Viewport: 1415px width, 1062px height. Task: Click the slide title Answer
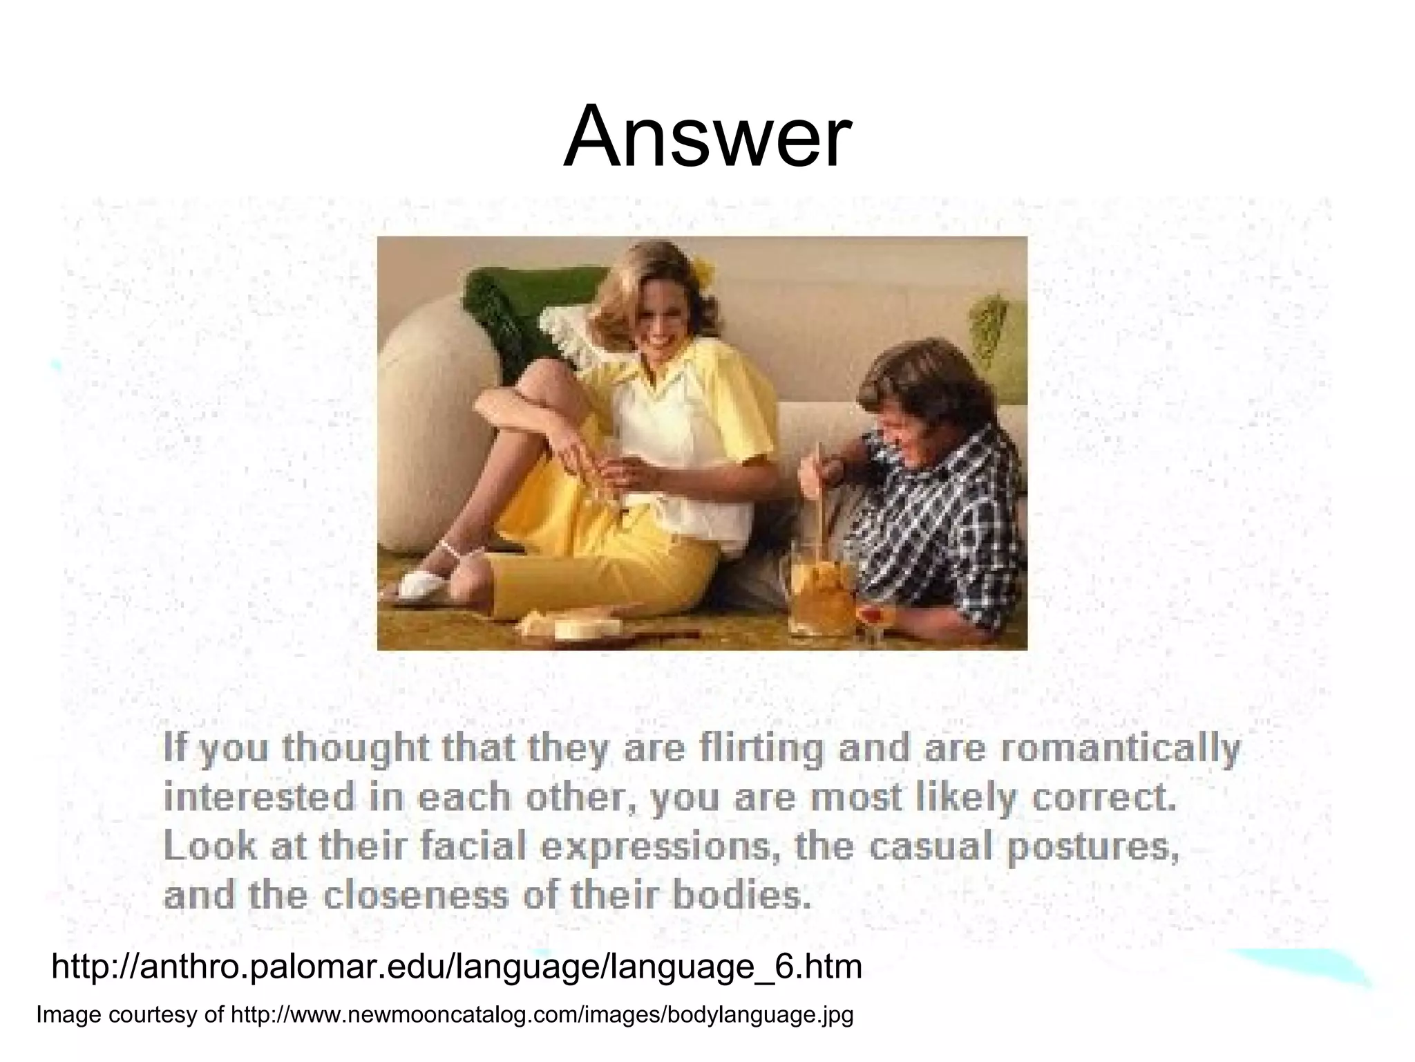pyautogui.click(x=707, y=136)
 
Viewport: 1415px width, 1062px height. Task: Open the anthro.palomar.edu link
pyautogui.click(x=457, y=967)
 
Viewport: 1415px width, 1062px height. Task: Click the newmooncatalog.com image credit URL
pyautogui.click(x=542, y=1015)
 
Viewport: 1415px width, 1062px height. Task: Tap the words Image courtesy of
pyautogui.click(x=131, y=1015)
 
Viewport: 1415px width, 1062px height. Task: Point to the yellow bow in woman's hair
pyautogui.click(x=703, y=267)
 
